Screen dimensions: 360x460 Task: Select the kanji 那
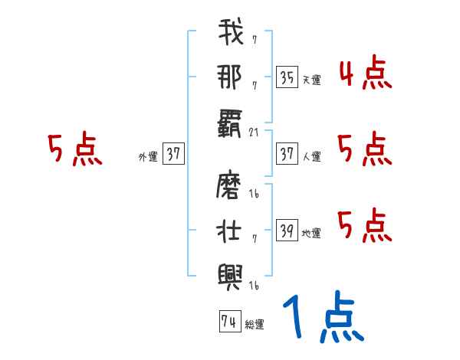(x=230, y=76)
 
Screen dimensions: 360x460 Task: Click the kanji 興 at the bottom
(x=230, y=271)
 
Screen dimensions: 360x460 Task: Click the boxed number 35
(x=287, y=77)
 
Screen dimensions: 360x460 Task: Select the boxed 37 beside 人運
(x=287, y=154)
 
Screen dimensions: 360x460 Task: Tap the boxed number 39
(x=287, y=230)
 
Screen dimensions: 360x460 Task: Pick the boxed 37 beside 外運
(x=172, y=154)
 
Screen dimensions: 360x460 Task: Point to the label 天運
(x=310, y=80)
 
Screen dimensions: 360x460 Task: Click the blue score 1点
(x=323, y=318)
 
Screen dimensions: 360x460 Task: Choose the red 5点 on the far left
(x=74, y=149)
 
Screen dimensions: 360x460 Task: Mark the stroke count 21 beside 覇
(x=254, y=133)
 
